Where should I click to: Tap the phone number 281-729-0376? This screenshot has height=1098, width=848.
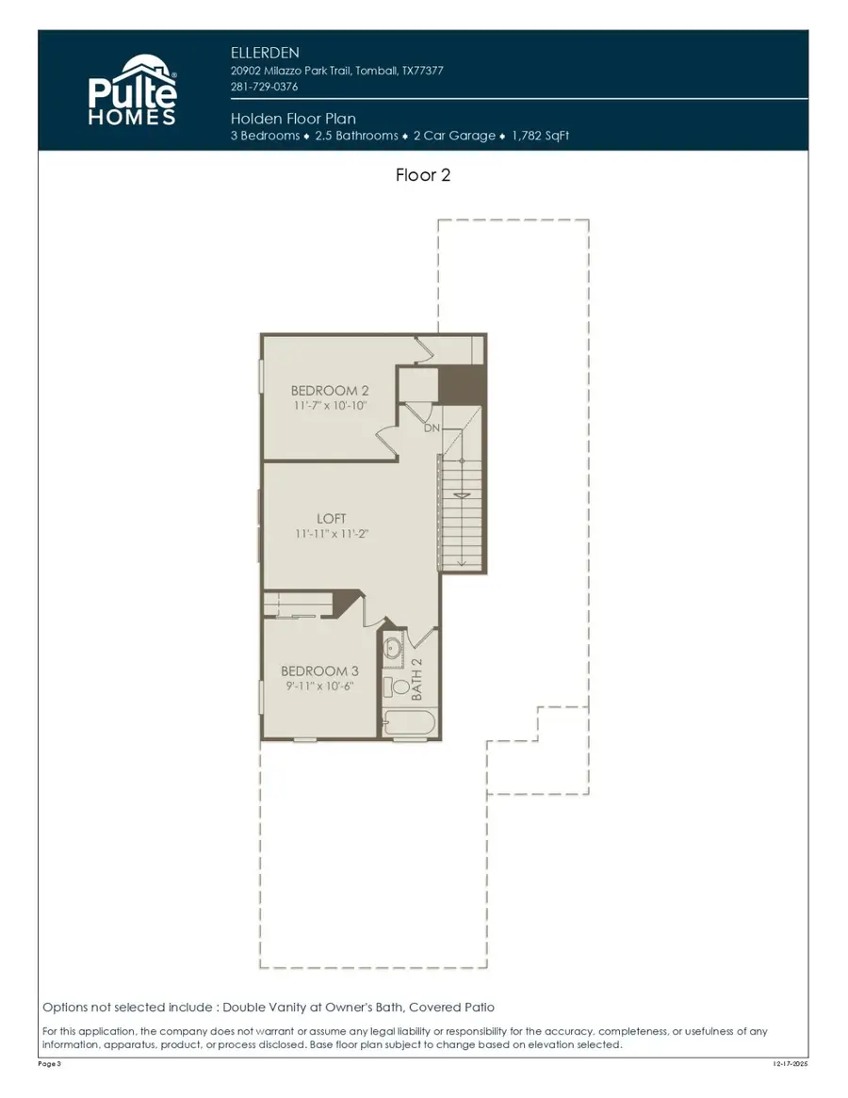(265, 87)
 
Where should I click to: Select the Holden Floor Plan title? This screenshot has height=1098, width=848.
(292, 119)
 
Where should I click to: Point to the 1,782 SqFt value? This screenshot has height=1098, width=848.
(540, 136)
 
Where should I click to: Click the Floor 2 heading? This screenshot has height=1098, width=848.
(423, 175)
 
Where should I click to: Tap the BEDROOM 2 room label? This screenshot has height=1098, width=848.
(329, 390)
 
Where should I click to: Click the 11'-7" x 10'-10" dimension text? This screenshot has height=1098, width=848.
(329, 405)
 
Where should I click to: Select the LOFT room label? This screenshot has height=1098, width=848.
(332, 519)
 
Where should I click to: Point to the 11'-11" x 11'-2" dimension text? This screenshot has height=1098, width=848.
(332, 534)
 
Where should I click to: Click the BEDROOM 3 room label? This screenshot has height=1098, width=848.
(319, 671)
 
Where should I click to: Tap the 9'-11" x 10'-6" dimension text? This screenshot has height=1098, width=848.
(319, 686)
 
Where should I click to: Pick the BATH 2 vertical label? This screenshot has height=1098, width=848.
(417, 679)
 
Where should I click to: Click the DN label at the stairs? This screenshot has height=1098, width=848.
(432, 428)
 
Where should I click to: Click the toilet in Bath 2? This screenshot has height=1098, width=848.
(393, 686)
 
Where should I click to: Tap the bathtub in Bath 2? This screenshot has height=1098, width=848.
(407, 725)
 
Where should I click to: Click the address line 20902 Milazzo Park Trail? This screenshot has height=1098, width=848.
(336, 71)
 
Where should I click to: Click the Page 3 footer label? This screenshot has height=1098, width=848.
(52, 1064)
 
